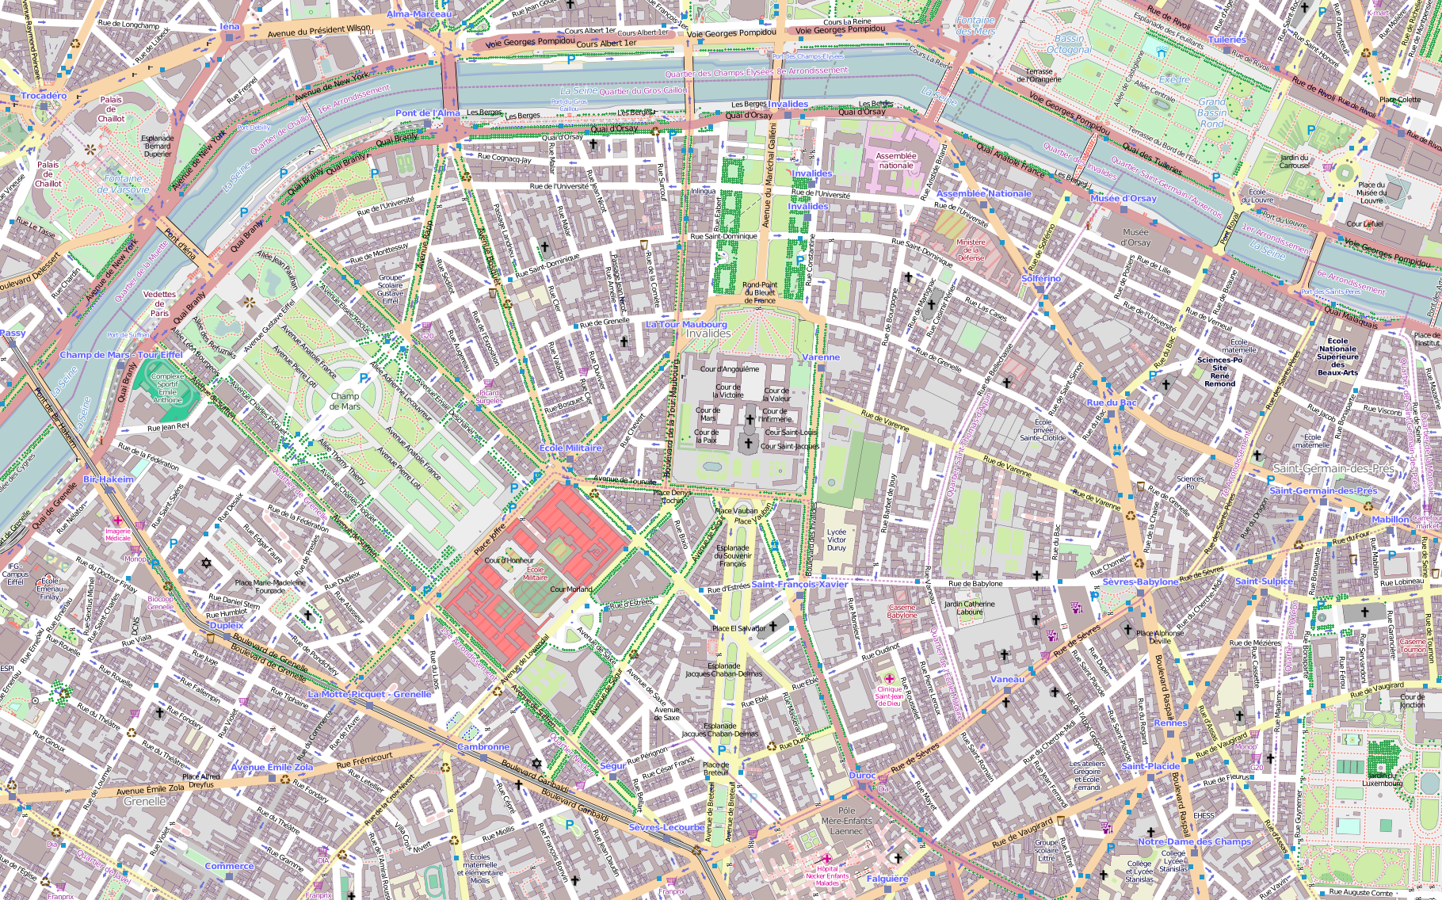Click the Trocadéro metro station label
pos(44,96)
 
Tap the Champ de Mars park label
pos(345,401)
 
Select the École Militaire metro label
pos(570,448)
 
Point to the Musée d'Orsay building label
pos(1135,237)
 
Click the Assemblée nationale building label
pos(896,161)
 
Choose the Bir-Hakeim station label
pos(109,479)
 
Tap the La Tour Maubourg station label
pos(686,324)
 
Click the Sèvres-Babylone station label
pos(1140,582)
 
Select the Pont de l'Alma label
pos(427,113)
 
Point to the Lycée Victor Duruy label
pos(837,540)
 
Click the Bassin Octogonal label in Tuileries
pos(1069,44)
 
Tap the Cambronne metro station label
pos(483,747)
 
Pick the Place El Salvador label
pos(738,628)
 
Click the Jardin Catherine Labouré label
pos(969,607)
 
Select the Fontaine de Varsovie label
pos(123,184)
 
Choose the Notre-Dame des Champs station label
pos(1194,841)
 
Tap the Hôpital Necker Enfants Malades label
pos(827,875)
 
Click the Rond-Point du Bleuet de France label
pos(760,292)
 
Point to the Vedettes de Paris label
pos(160,303)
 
